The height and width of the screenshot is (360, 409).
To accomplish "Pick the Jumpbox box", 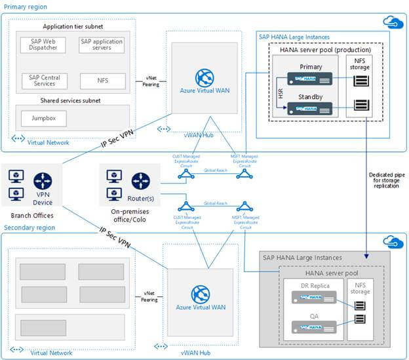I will pyautogui.click(x=43, y=118).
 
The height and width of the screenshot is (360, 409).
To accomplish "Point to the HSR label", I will pyautogui.click(x=279, y=93).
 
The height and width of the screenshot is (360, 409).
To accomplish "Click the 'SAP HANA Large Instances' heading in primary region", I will pyautogui.click(x=295, y=37).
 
